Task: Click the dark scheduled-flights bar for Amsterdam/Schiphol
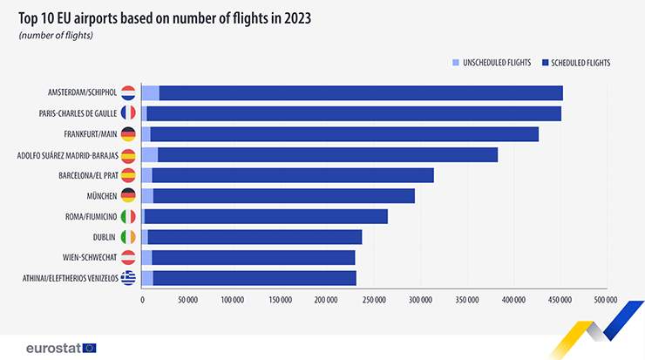[x=361, y=93]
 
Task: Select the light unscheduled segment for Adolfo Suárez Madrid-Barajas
[x=149, y=155]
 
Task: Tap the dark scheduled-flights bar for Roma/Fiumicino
[x=266, y=216]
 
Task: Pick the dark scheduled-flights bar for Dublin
[x=255, y=237]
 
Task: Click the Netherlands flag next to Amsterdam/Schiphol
[x=128, y=93]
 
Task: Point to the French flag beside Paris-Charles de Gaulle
[x=128, y=113]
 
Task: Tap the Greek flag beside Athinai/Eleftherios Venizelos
[x=128, y=278]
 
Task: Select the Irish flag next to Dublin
[x=128, y=237]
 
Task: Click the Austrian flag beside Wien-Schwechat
[x=128, y=257]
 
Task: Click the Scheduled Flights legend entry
[x=575, y=63]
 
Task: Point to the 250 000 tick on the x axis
[x=374, y=300]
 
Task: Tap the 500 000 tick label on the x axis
[x=605, y=300]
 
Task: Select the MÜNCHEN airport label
[x=102, y=196]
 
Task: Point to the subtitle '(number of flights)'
[x=55, y=36]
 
